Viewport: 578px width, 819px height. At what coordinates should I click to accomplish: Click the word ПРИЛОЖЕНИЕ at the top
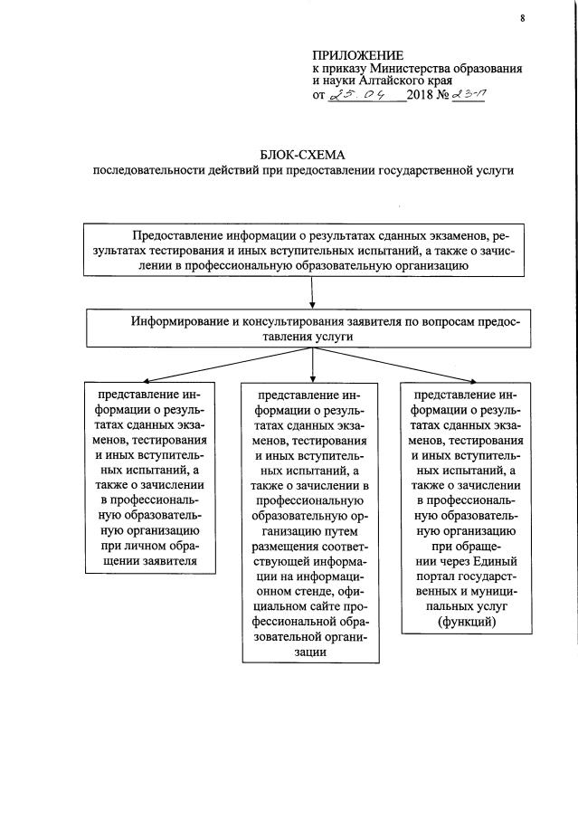pyautogui.click(x=358, y=56)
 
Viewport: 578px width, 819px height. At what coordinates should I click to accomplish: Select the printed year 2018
pyautogui.click(x=422, y=96)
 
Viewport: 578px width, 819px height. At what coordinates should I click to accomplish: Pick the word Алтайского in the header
pyautogui.click(x=395, y=81)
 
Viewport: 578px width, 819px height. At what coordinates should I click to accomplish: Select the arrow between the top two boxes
pyautogui.click(x=312, y=293)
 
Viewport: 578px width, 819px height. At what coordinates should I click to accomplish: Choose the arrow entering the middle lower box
pyautogui.click(x=312, y=369)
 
